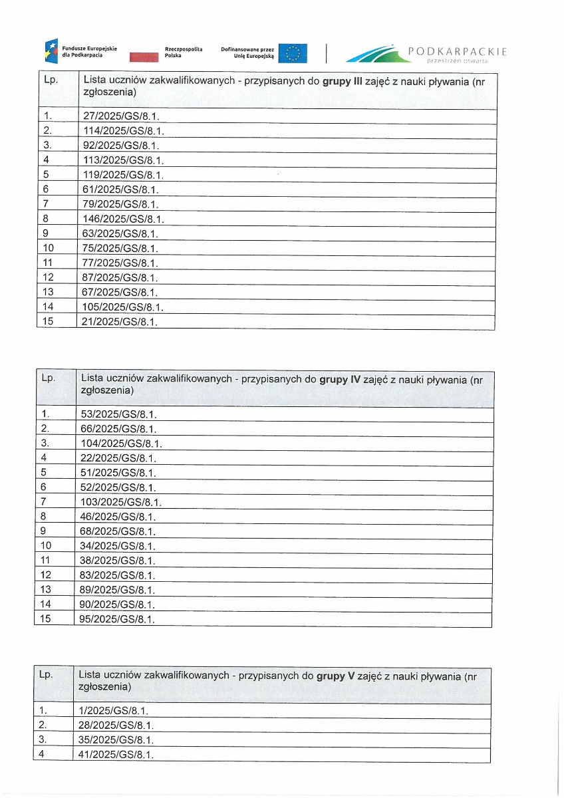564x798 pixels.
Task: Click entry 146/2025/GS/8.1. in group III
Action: (124, 218)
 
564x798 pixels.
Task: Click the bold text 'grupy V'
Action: (335, 676)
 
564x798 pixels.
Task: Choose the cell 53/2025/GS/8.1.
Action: (119, 414)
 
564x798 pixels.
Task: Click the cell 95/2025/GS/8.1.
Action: (119, 619)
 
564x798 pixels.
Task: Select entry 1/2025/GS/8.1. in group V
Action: (114, 710)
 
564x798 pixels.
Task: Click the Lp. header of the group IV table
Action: (49, 378)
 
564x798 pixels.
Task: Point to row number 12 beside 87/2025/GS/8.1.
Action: (47, 277)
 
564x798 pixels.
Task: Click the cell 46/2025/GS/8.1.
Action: (119, 516)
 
